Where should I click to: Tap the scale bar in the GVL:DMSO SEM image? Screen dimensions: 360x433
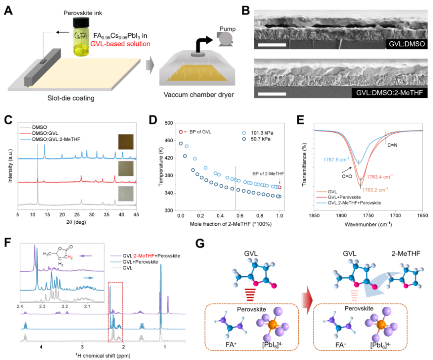point(272,44)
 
